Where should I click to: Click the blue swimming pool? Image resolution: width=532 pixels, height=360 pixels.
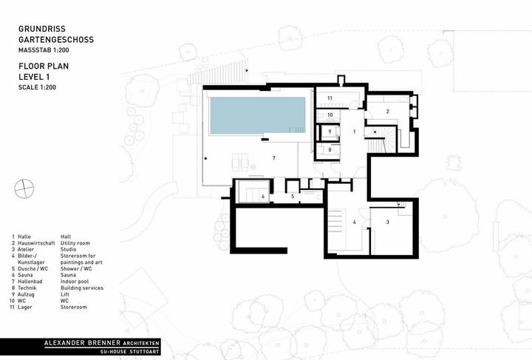point(258,116)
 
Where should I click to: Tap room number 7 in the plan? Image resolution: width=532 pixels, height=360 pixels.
point(274,157)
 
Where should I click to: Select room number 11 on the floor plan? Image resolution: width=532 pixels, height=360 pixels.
point(330,98)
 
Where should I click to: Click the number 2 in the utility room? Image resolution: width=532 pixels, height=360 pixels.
point(387,112)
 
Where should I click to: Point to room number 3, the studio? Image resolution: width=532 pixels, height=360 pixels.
point(387,223)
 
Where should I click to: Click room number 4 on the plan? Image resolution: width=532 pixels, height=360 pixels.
point(354,223)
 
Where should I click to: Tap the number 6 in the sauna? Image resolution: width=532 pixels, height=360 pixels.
point(263,197)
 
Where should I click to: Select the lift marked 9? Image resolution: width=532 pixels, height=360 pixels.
point(330,132)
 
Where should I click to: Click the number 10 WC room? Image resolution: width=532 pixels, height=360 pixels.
point(330,115)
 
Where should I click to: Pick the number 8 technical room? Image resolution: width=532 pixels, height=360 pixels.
point(330,149)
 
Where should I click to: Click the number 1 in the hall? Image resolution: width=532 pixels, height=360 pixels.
point(354,132)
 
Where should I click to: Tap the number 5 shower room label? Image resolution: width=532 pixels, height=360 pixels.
point(293,196)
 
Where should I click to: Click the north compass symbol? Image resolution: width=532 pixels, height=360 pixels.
point(24,189)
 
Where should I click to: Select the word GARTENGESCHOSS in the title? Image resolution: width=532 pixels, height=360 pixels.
point(56,39)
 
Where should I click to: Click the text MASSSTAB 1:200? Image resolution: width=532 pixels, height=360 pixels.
point(44,50)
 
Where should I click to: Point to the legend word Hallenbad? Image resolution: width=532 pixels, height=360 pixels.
point(30,282)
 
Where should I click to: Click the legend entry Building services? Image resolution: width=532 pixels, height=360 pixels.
point(82,288)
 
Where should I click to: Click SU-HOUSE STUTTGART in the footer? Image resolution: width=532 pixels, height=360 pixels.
point(130,352)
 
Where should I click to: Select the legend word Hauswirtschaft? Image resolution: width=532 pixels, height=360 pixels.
point(36,243)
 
